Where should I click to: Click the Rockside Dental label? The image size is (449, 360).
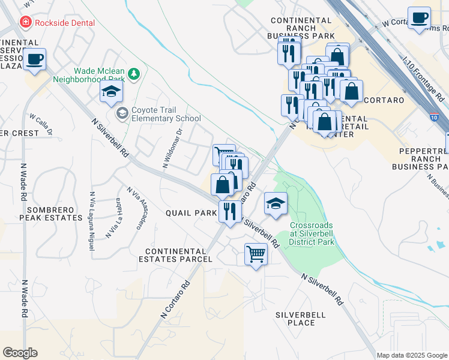65,23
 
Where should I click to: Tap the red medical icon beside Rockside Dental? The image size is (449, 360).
25,23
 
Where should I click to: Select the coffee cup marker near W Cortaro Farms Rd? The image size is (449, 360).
418,17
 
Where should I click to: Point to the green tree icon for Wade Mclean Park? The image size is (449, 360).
136,74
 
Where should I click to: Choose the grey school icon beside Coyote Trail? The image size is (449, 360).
122,113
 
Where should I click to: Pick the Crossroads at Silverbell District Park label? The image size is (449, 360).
312,233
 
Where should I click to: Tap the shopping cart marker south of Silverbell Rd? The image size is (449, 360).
256,254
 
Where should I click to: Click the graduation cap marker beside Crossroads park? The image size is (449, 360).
276,203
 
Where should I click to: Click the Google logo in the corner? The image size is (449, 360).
20,353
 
